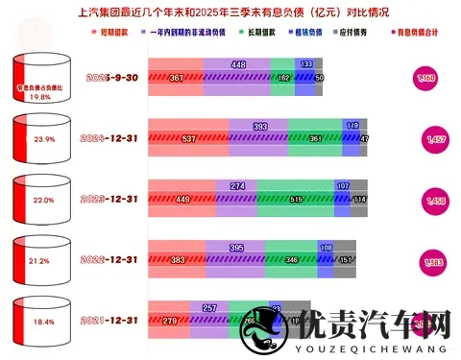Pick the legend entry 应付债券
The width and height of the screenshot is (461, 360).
click(x=355, y=33)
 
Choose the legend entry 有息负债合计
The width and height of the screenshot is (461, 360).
click(x=414, y=33)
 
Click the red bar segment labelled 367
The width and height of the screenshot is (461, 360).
click(x=175, y=77)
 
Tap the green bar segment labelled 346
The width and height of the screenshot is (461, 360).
click(x=309, y=259)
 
